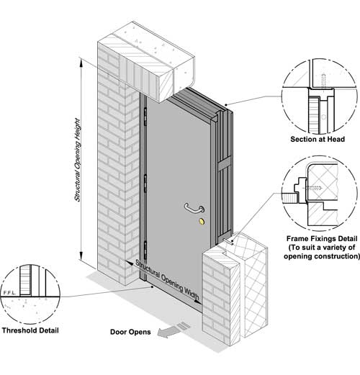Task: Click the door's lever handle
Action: (194, 209)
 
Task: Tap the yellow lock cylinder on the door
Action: (202, 222)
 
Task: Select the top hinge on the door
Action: (145, 117)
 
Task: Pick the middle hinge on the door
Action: (145, 184)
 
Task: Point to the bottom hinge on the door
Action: (145, 250)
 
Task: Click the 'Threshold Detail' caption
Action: (30, 330)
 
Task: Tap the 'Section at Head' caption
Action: (318, 139)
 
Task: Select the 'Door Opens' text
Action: (130, 332)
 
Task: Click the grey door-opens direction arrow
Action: (174, 330)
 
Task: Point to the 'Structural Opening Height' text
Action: (77, 160)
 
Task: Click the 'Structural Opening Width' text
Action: (167, 280)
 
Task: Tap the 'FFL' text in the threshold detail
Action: (9, 292)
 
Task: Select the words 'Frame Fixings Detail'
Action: (322, 238)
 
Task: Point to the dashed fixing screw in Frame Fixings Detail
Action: (311, 188)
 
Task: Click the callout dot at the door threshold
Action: (152, 286)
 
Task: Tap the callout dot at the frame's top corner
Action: (226, 105)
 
